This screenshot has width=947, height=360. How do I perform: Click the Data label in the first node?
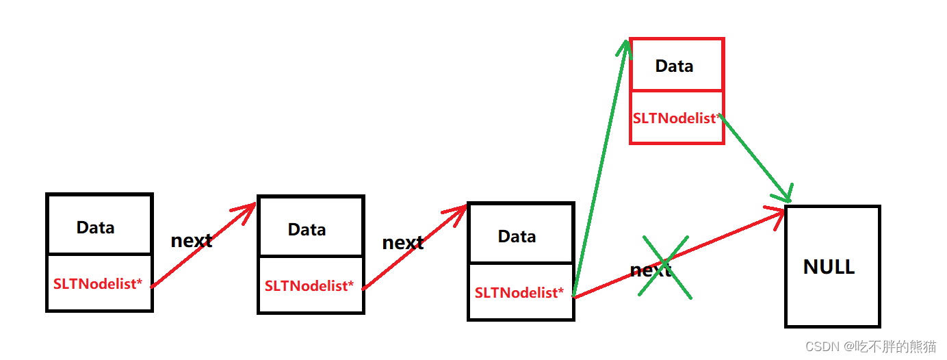[95, 228]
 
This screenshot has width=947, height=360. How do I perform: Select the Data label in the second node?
[307, 230]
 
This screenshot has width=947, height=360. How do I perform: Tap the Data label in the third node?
[517, 237]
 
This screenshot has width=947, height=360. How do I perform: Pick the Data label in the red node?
[674, 66]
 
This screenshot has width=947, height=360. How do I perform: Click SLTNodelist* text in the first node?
[98, 283]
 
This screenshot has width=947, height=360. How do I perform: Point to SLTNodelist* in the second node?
[309, 285]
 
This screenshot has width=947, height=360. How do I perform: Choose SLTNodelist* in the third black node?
[519, 293]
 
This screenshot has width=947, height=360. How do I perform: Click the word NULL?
[829, 267]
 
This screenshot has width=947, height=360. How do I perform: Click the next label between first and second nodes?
[191, 241]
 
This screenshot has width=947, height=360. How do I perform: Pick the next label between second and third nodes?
[402, 243]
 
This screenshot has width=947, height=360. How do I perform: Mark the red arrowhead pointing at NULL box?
[777, 215]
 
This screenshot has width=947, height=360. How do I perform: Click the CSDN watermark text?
[822, 346]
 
